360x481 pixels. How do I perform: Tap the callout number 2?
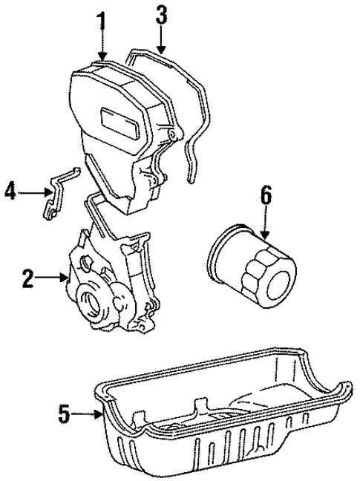click(27, 279)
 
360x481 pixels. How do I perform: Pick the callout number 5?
click(65, 413)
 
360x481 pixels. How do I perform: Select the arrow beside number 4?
click(33, 193)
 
